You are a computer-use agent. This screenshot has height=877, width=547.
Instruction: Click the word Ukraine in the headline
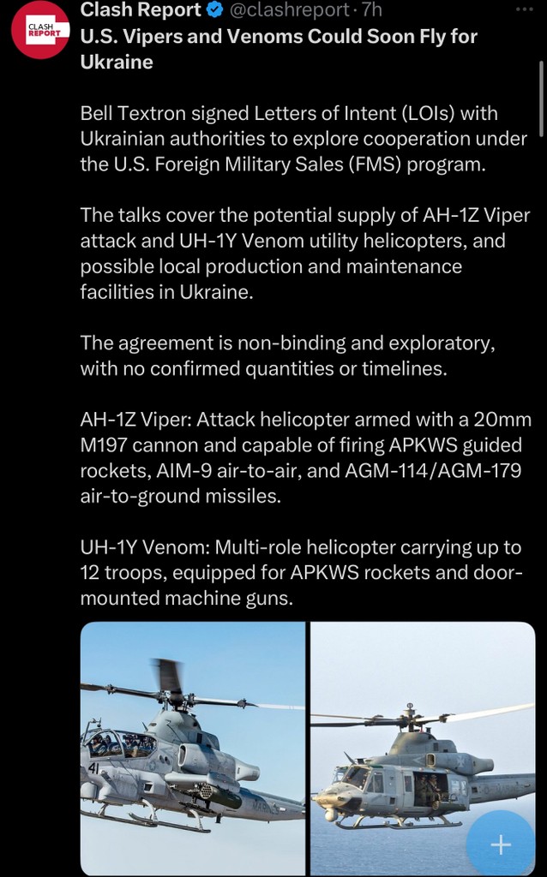(x=116, y=62)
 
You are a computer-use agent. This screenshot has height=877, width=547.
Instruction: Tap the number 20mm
(x=503, y=421)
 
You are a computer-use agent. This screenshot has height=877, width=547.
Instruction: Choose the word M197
(x=107, y=445)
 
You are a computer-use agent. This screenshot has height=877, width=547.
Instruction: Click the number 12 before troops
(x=90, y=572)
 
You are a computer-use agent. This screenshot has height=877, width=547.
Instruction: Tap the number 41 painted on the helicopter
(x=93, y=767)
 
